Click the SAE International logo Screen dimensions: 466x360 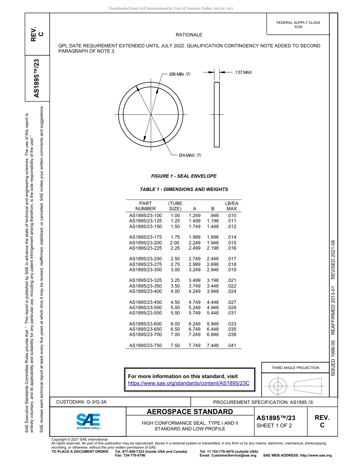point(89,421)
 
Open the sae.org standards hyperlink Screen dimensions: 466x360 point(189,383)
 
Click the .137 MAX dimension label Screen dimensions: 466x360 point(243,72)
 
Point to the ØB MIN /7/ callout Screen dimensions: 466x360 point(180,74)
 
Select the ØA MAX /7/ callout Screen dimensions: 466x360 point(190,155)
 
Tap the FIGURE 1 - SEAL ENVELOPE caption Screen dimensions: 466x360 point(184,176)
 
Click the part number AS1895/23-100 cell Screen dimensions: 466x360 point(146,216)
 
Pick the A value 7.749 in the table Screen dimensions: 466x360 point(194,346)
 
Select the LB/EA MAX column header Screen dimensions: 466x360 point(232,206)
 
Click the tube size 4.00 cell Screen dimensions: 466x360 point(175,291)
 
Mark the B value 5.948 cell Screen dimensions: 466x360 point(213,324)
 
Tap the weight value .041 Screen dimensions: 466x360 point(232,346)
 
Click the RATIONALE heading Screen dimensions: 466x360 point(189,35)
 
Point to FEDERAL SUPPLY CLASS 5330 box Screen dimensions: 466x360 point(298,25)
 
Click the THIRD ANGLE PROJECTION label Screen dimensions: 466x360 point(295,367)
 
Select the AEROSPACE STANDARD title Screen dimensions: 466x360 point(190,412)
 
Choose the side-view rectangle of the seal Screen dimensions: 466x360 point(217,114)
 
